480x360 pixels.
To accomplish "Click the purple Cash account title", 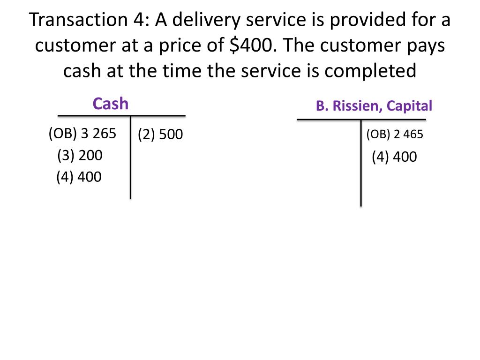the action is pos(111,104).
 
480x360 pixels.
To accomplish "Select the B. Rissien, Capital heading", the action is pos(374,106).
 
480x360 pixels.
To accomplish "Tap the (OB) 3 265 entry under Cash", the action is pos(82,134).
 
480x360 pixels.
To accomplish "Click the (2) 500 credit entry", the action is pos(160,135).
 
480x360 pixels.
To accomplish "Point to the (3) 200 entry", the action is pos(80,155).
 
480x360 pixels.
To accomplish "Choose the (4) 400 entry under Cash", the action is pos(79,177).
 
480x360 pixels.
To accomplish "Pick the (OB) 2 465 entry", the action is pos(395,135).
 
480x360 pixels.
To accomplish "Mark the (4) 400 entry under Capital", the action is pos(394,157).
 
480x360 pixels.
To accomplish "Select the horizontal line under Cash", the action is pos(121,115).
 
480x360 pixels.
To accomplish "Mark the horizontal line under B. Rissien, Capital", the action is pos(361,120).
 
